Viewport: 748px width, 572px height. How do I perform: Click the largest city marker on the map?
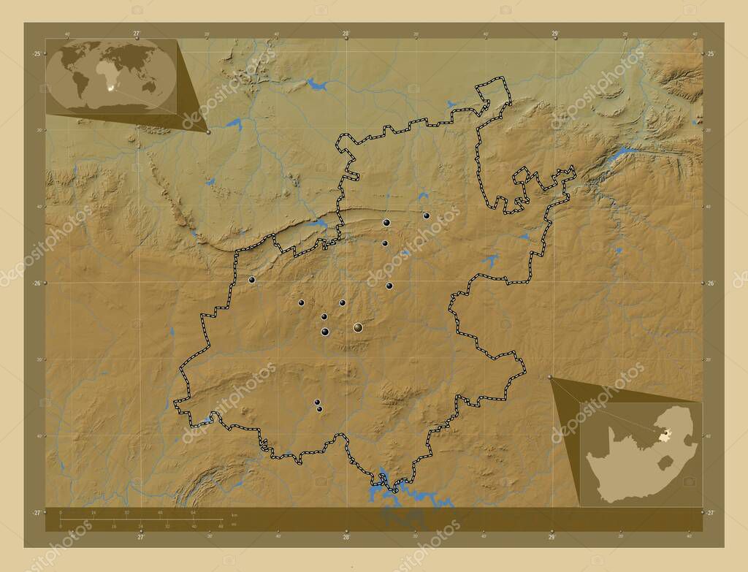358,328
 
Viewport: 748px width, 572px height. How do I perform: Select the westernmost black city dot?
251,280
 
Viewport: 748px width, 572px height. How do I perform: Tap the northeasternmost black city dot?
426,216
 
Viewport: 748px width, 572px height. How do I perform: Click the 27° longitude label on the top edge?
137,33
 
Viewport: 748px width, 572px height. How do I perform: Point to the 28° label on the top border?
346,33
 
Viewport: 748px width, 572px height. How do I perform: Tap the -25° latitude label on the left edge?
36,54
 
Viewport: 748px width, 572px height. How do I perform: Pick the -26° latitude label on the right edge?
711,283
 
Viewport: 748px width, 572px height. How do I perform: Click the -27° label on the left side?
36,513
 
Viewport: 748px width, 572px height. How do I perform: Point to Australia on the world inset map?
150,86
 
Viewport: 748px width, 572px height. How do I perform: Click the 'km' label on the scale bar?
234,515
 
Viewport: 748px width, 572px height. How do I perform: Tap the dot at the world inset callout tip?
208,132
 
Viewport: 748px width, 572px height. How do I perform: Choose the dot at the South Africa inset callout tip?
550,377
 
